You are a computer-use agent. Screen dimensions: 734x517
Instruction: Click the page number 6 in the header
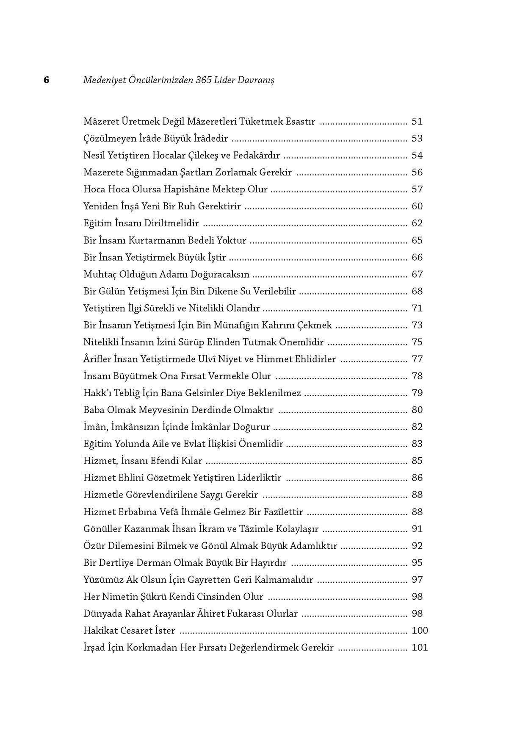[x=47, y=80]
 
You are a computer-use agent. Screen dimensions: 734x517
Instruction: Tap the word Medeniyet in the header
[x=102, y=80]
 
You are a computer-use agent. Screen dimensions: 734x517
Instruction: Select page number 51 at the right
[x=417, y=122]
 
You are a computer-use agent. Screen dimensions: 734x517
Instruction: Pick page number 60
[x=417, y=206]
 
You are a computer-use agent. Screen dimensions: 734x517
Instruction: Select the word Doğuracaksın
[x=220, y=274]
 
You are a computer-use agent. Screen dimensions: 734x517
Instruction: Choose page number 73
[x=417, y=325]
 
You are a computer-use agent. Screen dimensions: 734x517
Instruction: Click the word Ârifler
[x=97, y=359]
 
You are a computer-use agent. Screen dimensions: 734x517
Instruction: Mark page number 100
[x=420, y=630]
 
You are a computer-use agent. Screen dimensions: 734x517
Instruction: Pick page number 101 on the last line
[x=420, y=647]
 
